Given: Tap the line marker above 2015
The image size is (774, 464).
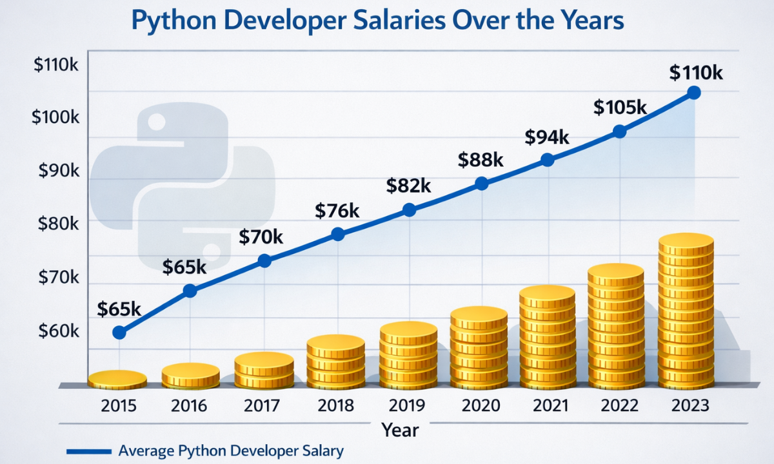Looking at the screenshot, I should click(119, 333).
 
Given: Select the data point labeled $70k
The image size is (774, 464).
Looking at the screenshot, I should click(264, 260).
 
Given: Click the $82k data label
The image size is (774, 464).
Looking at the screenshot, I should click(408, 186).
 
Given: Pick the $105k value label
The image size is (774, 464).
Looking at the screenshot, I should click(619, 108).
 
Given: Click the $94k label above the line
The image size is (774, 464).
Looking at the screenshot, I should click(547, 137).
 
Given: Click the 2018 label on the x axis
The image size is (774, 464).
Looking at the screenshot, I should click(336, 406).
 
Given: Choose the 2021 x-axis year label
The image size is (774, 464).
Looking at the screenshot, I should click(547, 406).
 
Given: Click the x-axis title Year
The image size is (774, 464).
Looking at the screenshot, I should click(400, 429).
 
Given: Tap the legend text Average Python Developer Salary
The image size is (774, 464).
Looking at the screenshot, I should click(231, 451).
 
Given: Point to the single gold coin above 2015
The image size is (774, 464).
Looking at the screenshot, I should click(117, 380).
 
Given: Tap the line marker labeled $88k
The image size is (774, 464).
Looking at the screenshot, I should click(481, 184).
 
